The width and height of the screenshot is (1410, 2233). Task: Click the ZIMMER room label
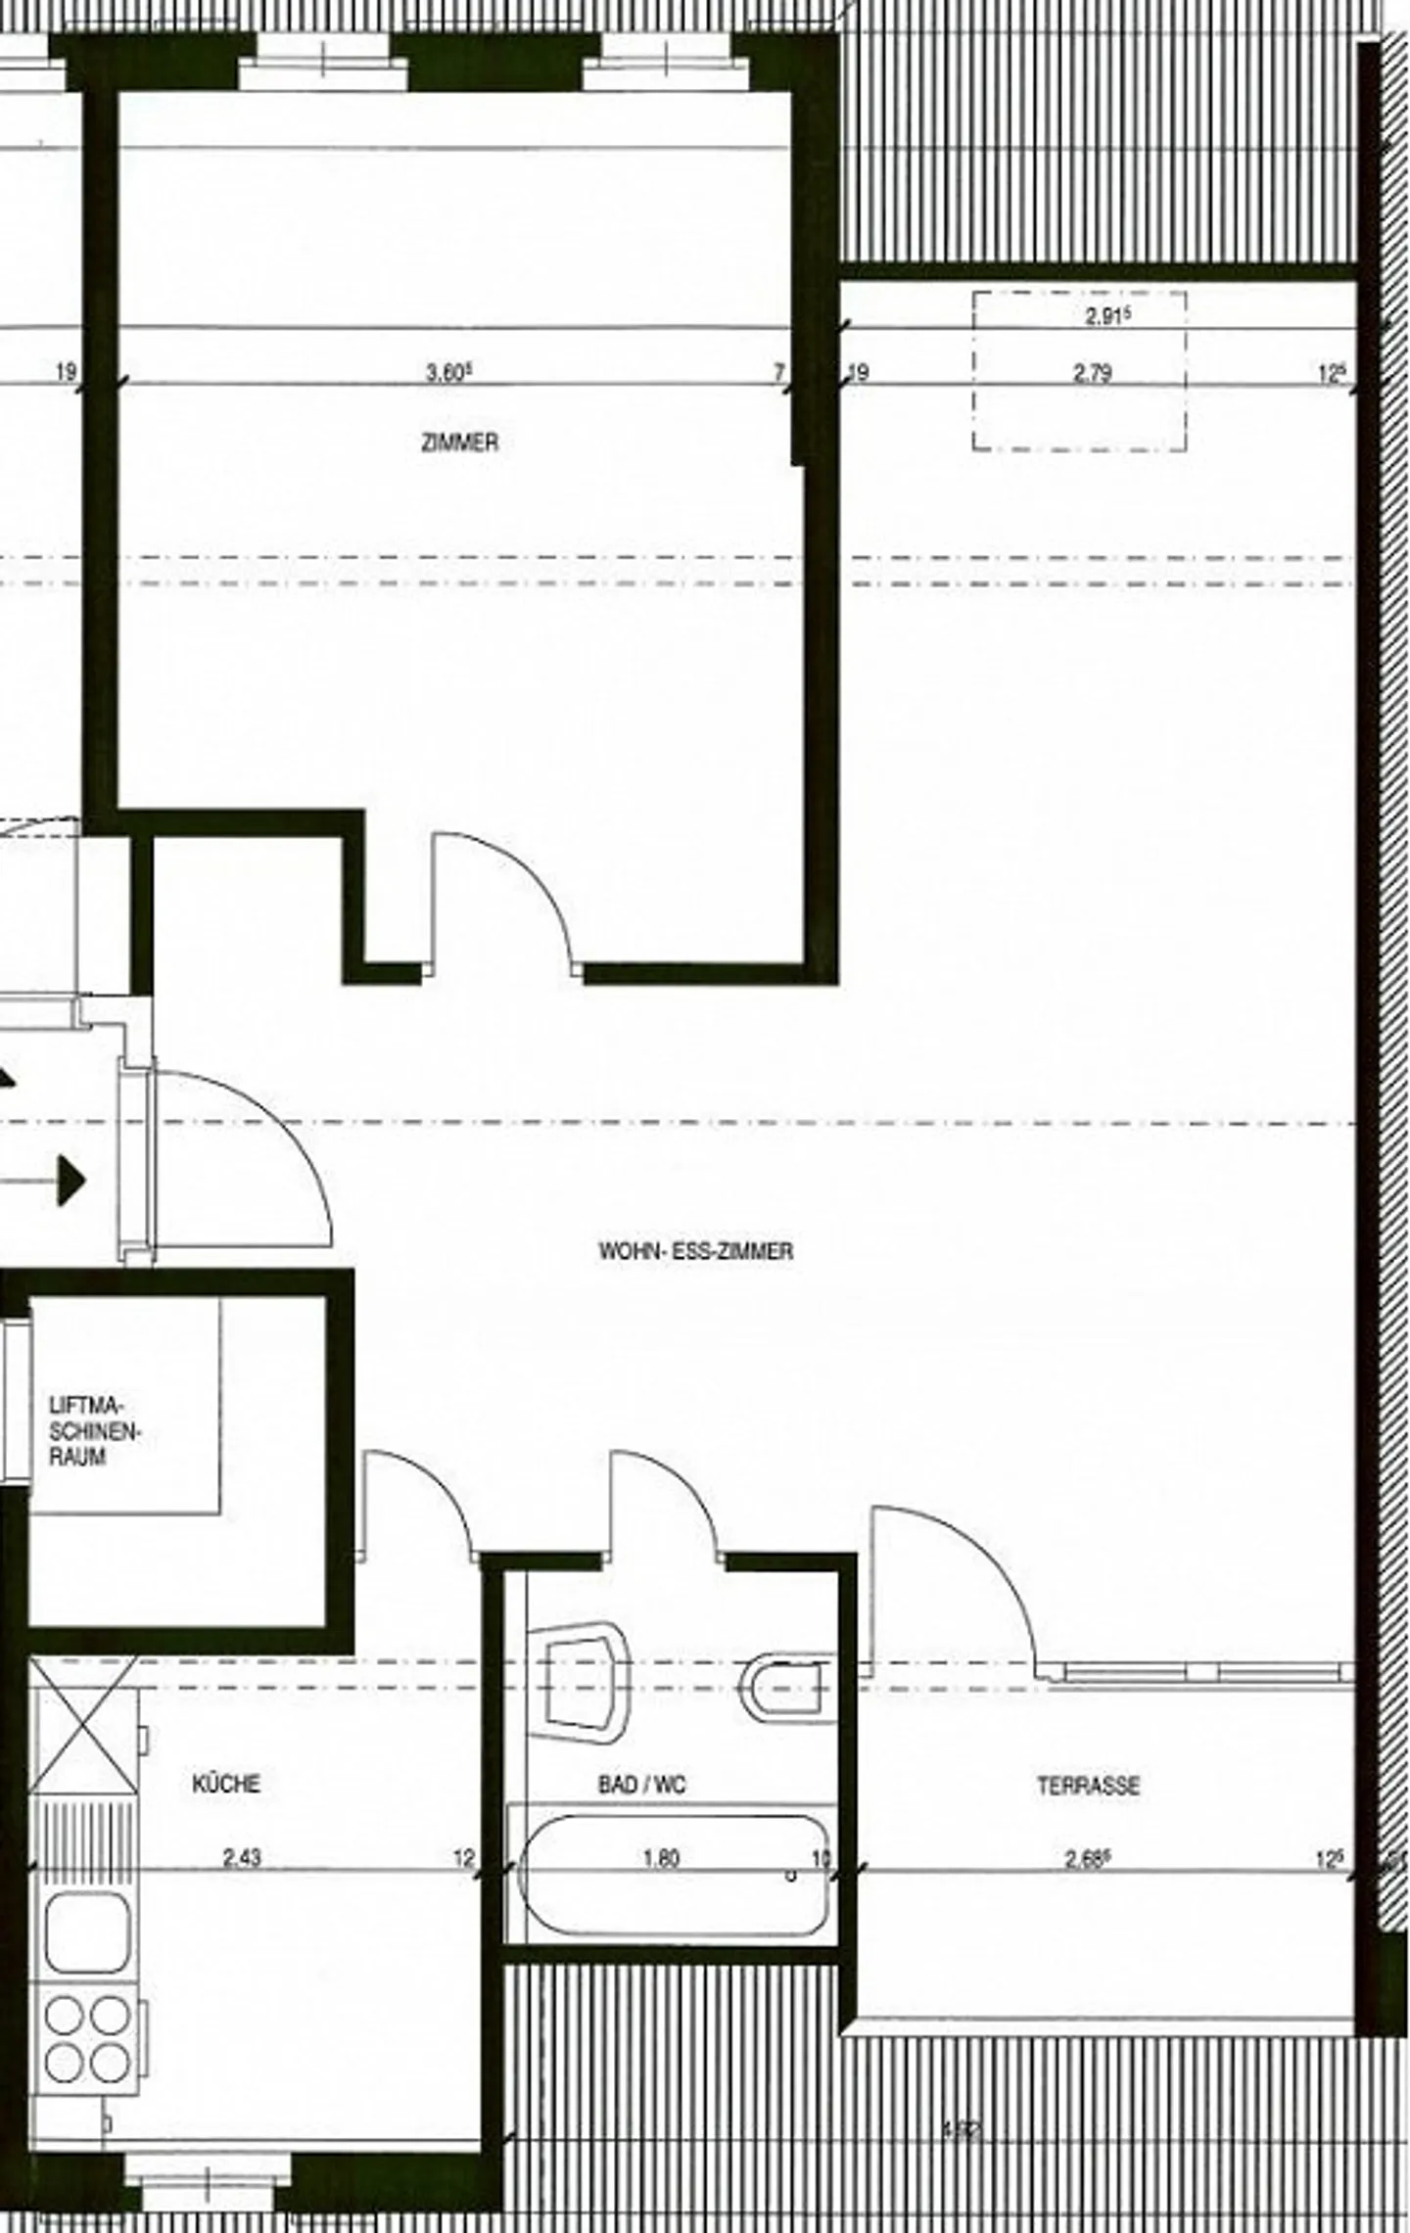click(x=459, y=442)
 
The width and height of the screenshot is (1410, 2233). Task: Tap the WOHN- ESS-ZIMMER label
click(x=695, y=1251)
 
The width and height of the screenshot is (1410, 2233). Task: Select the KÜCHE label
click(x=226, y=1784)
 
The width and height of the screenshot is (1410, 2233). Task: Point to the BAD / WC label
click(x=641, y=1785)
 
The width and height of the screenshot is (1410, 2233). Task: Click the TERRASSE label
click(x=1088, y=1786)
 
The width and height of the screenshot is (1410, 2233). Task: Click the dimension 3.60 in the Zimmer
click(x=448, y=373)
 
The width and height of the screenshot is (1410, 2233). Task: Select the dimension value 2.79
click(x=1092, y=373)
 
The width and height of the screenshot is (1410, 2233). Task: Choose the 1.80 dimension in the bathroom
click(x=661, y=1857)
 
